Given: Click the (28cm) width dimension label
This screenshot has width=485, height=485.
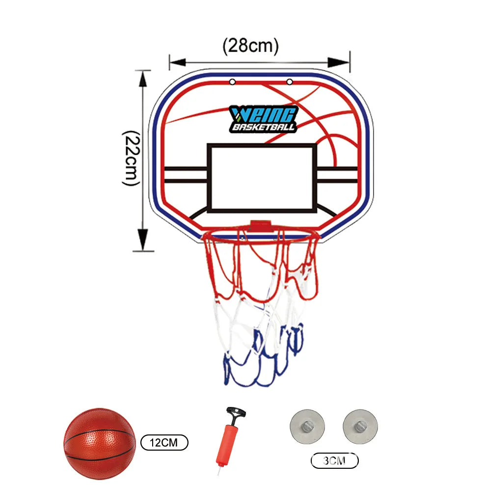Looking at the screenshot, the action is [x=250, y=46].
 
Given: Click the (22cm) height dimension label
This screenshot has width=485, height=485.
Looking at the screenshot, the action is [x=132, y=158].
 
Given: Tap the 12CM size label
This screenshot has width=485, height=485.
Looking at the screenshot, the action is [x=164, y=442].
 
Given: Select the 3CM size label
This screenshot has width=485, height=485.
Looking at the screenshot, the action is [x=334, y=461].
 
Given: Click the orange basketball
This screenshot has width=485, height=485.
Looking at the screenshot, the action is [x=100, y=444].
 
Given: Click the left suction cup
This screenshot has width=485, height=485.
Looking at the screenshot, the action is [x=307, y=427].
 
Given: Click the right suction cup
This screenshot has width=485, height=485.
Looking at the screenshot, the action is [x=360, y=427].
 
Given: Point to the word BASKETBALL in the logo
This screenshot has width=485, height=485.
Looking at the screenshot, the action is [x=263, y=127].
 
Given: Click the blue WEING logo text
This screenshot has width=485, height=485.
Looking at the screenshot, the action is [x=263, y=114].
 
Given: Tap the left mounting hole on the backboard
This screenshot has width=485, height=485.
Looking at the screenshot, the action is [x=232, y=82].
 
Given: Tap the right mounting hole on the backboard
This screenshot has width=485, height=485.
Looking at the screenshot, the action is [x=290, y=81].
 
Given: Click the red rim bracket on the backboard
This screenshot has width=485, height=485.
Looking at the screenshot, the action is [x=261, y=226].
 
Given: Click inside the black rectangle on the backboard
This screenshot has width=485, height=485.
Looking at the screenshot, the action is [x=262, y=178].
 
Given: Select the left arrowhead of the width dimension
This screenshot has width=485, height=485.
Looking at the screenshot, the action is [x=178, y=62].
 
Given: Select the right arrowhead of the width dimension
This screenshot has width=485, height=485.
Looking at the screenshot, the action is [x=338, y=62].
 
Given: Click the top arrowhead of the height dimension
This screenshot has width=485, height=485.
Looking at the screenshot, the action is [x=142, y=79].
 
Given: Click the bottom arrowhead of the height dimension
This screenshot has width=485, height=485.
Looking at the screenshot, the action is [x=142, y=240].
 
